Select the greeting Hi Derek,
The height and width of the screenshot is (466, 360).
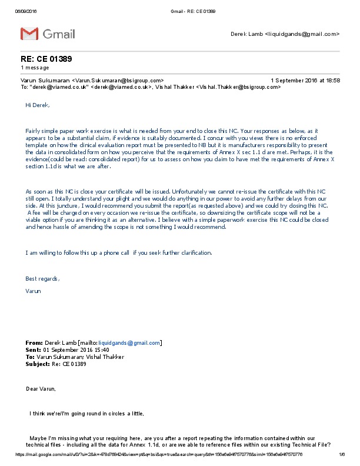point(38,105)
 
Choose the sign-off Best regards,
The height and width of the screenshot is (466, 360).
point(42,278)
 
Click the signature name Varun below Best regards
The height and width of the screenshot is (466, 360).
point(34,291)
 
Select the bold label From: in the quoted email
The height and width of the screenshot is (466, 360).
point(34,342)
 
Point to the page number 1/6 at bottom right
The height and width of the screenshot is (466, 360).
point(341,455)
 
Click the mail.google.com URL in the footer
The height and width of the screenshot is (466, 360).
point(159,455)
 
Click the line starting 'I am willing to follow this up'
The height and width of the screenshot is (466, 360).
point(118,253)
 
